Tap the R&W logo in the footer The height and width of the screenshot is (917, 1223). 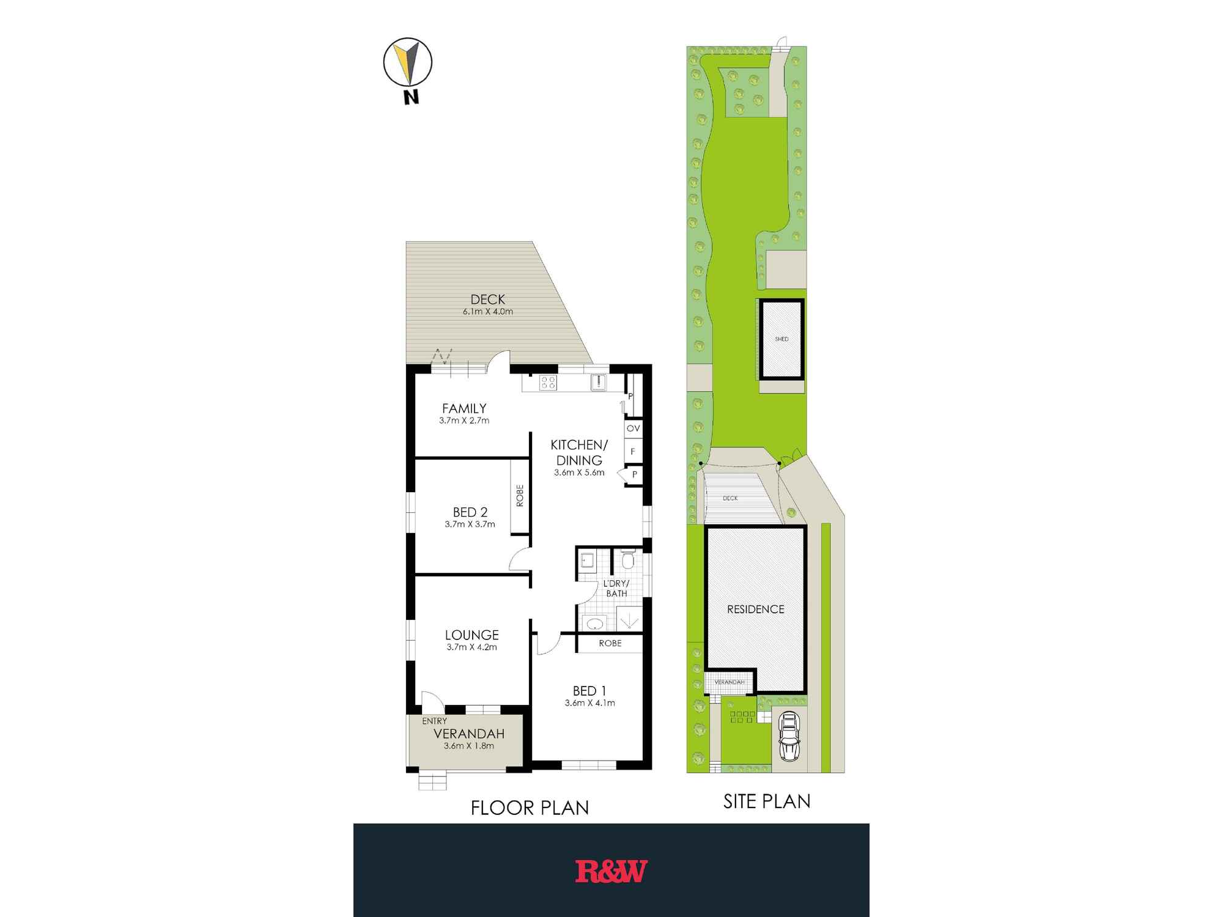611,871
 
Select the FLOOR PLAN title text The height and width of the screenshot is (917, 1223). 530,808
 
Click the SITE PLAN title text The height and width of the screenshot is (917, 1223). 767,801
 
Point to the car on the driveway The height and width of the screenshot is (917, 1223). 789,738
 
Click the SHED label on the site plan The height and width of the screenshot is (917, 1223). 781,339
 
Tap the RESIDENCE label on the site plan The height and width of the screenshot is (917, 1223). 756,609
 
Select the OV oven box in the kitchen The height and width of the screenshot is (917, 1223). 633,429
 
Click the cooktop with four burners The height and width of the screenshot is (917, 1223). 548,383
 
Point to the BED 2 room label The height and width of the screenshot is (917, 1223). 470,512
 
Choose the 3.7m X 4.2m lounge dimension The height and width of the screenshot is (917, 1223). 471,647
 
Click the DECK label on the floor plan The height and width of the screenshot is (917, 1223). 488,300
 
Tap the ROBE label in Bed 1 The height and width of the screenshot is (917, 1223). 610,643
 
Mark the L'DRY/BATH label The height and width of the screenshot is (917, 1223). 616,589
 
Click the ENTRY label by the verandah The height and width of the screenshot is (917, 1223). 434,721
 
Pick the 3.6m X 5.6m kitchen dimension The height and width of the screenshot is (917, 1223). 579,473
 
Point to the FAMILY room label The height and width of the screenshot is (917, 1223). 465,408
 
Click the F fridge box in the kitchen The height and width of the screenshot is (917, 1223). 633,452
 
